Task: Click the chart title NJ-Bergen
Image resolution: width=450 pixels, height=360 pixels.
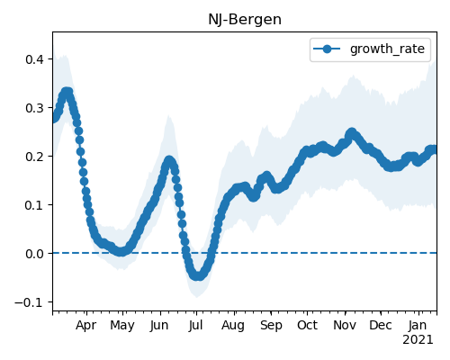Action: pos(245,20)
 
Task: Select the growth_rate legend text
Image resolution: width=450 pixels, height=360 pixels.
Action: pos(387,49)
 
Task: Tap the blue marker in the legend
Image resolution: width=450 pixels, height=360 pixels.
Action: pos(327,49)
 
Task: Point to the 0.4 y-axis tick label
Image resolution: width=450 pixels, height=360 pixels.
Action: pos(34,59)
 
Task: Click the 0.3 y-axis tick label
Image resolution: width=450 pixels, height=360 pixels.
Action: pos(34,108)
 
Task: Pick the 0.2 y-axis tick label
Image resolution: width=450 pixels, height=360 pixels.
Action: pos(34,157)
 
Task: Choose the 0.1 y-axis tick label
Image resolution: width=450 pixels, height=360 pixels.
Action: pos(34,205)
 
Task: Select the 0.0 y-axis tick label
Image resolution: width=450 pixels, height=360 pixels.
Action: pos(34,254)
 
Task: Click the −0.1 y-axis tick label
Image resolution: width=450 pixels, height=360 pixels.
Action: pos(29,302)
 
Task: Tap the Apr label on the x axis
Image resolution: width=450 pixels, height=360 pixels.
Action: pos(86,326)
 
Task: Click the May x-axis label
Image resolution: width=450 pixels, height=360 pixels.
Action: pos(122,326)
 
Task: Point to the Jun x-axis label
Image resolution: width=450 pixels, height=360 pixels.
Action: pos(159,326)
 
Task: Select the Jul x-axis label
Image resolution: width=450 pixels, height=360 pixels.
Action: pos(196,326)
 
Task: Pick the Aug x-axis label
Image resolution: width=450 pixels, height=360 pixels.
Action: pos(233,326)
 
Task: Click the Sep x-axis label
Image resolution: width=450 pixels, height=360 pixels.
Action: pos(271,326)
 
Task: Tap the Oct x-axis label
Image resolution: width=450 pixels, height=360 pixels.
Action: pos(307,326)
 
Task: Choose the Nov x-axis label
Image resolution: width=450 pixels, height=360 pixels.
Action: pos(345,326)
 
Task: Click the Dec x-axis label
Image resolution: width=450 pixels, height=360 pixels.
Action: pos(381,326)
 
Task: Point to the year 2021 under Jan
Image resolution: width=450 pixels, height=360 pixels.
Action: pos(418,340)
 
